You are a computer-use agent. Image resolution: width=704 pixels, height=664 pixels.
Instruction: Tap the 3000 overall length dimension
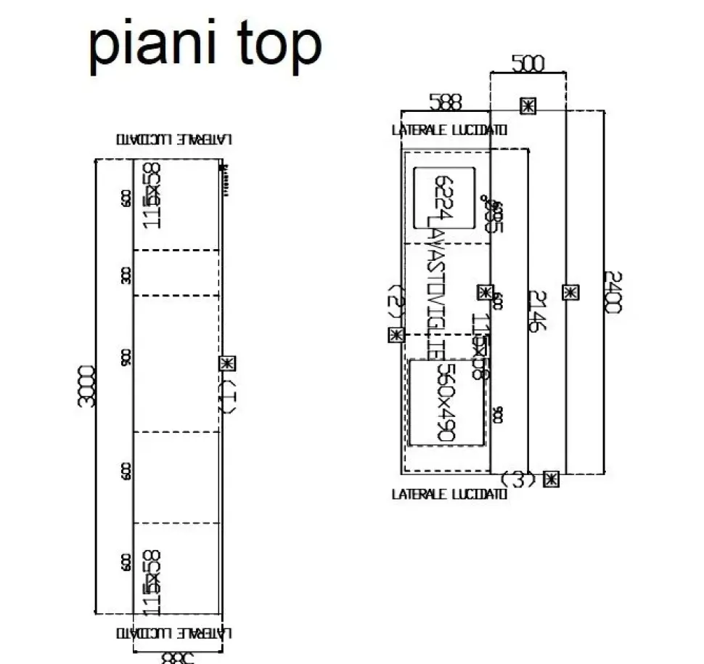pos(87,386)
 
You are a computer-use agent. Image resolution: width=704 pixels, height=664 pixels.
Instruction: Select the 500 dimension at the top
pos(528,64)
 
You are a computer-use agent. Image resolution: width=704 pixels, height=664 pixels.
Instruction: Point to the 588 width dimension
pos(445,102)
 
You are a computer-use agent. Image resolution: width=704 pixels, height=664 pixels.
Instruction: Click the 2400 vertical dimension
pos(613,291)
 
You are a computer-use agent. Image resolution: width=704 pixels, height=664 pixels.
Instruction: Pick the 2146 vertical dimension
pos(536,311)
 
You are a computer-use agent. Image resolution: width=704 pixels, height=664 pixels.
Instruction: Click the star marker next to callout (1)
pos(227,363)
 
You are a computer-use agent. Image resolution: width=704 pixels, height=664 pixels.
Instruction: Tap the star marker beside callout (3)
pos(552,479)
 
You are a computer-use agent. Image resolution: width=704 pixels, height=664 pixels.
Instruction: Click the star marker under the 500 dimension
pos(528,105)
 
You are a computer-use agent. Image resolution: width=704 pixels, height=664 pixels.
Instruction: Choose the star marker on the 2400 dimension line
pos(571,292)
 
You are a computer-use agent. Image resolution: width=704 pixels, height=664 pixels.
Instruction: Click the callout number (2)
pos(396,302)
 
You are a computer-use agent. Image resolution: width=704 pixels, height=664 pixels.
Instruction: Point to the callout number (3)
pos(518,479)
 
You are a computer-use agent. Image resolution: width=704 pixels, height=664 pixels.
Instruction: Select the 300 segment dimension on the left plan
pos(127,275)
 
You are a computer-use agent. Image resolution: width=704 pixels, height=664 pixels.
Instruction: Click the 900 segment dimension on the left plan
pos(127,357)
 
